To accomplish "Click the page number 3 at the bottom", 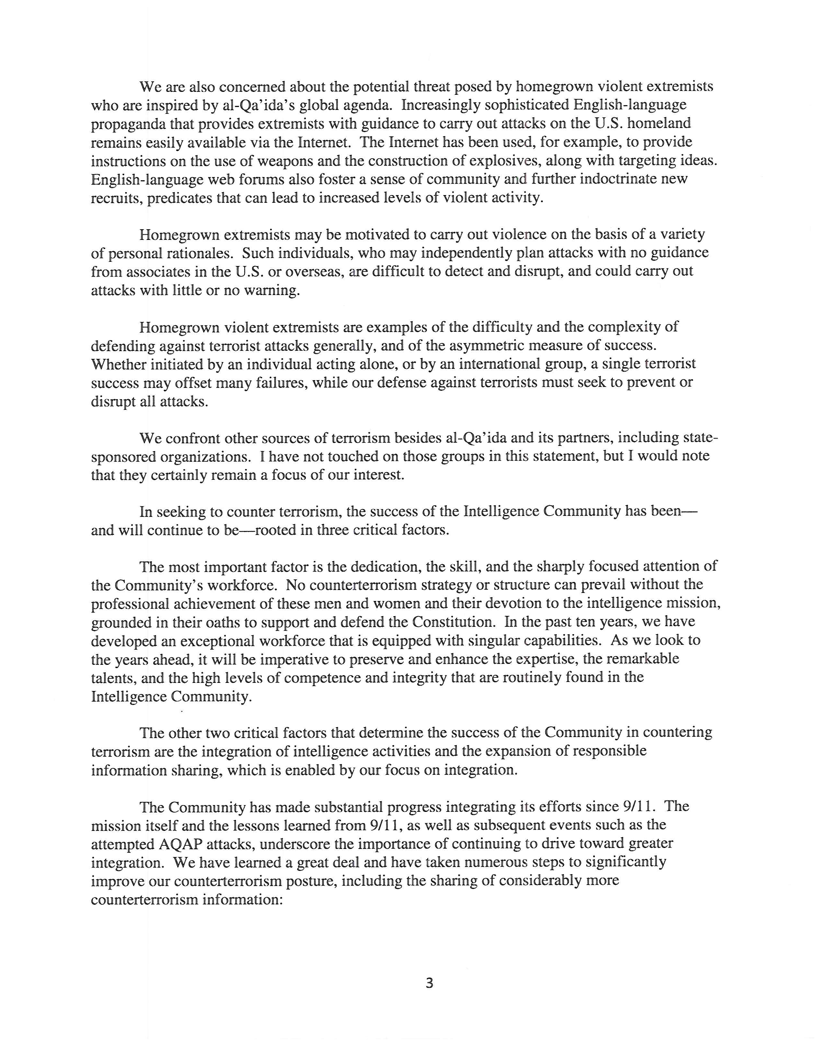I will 429,983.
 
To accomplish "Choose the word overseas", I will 313,271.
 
